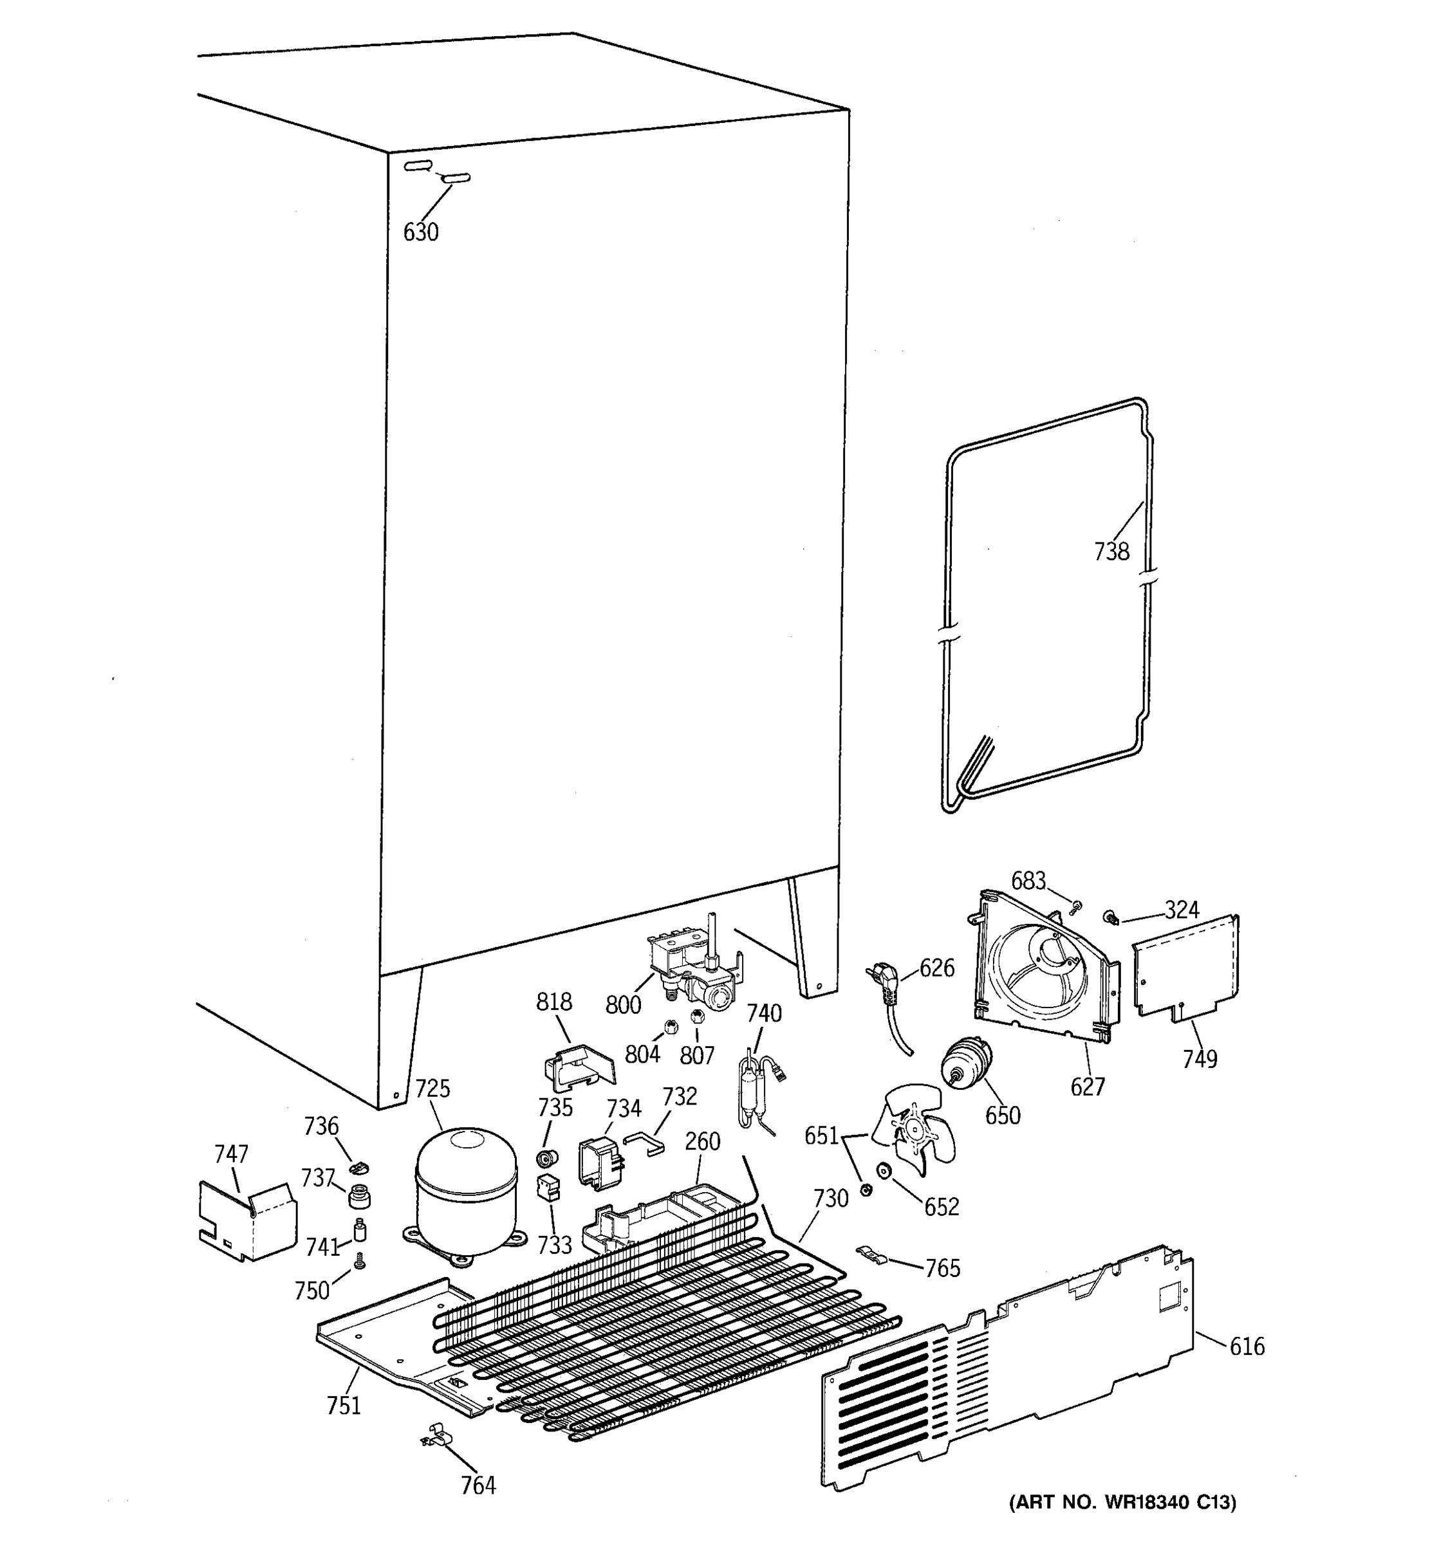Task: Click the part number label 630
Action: click(x=420, y=232)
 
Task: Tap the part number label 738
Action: click(x=1111, y=551)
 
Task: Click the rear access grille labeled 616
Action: click(x=1002, y=1375)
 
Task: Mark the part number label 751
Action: click(x=344, y=1406)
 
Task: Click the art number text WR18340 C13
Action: click(x=1122, y=1525)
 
